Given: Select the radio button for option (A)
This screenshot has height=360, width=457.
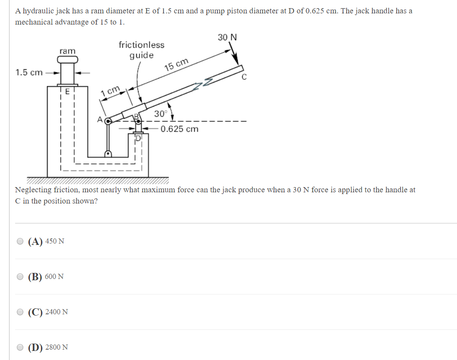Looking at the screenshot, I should point(20,241).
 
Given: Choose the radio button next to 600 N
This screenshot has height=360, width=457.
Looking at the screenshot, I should point(20,277).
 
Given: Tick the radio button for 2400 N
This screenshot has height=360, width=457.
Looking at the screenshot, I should point(20,312).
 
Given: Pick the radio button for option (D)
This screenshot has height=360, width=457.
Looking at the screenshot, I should point(20,347).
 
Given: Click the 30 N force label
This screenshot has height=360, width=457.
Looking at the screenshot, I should point(227,38).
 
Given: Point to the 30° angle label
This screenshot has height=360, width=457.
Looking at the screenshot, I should point(160,114).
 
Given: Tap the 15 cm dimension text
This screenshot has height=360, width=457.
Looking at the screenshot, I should point(176,65).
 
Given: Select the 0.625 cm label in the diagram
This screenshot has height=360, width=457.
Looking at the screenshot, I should point(180,129).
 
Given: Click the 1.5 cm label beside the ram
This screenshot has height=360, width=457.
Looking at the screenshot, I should point(29,72).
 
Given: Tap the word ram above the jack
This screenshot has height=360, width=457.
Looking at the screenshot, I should point(67,51).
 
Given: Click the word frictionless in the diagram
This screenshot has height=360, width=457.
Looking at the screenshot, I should point(141,45).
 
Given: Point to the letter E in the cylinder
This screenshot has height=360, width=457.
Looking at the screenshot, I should point(67,91).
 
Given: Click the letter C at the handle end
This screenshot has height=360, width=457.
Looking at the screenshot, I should point(244,78).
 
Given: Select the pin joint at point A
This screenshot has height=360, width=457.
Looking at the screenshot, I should point(108,121).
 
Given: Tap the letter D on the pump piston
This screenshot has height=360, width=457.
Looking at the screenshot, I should point(139,138).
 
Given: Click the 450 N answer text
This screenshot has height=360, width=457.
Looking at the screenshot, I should point(55,241).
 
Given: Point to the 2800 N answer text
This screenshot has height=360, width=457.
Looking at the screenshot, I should point(56,347).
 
